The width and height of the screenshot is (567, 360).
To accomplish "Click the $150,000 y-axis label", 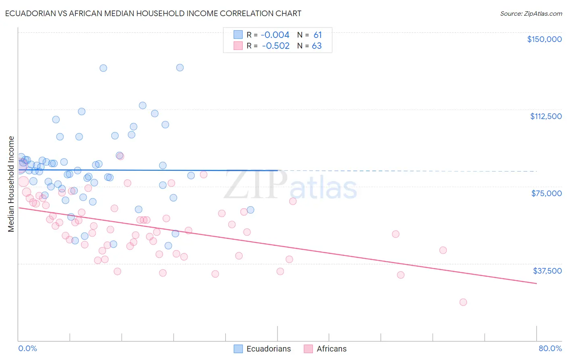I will point(544,39).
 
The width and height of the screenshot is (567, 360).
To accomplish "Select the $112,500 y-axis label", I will point(546,116).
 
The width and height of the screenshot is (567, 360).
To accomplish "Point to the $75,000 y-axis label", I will point(546,193).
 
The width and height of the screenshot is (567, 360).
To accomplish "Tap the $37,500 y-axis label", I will point(547,271).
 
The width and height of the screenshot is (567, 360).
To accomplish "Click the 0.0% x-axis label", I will point(27,348).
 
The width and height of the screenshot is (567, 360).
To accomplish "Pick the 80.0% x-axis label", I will point(550,348).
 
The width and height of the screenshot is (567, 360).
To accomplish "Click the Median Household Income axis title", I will point(11,184).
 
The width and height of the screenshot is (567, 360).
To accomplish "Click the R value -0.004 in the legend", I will point(275,35).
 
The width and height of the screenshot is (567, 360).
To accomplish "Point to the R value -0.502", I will point(275,46).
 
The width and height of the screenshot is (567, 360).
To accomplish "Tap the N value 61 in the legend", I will point(317,35).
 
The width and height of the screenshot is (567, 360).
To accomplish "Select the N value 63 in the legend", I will point(317,46).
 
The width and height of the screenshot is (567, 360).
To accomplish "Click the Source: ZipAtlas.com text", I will point(531,14).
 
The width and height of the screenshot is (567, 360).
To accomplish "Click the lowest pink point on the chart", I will point(463,302).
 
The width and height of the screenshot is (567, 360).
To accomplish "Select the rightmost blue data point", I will point(250,210).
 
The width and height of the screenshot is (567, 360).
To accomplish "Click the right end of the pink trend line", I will point(536,283).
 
